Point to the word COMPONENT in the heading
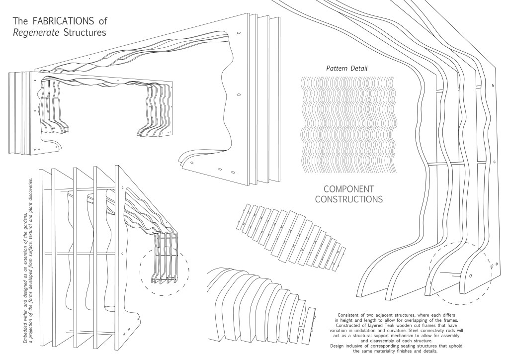click(x=348, y=189)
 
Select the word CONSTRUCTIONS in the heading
click(x=348, y=200)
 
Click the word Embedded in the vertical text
click(x=26, y=331)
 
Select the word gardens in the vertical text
click(x=26, y=218)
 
